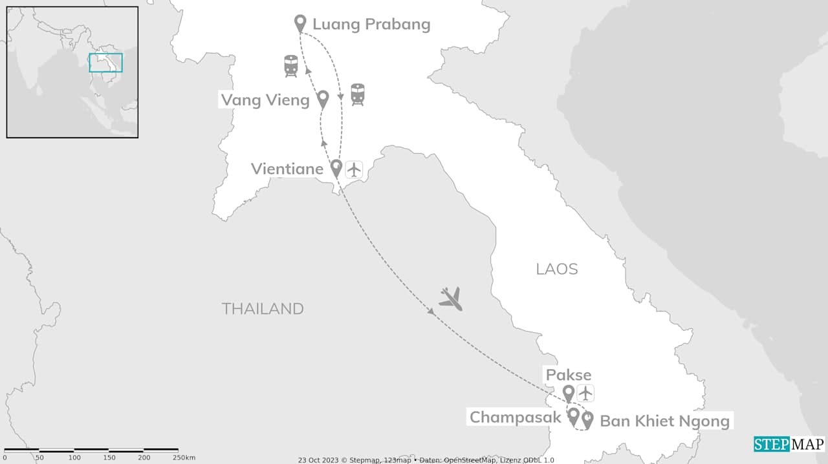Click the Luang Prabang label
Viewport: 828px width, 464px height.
(371, 25)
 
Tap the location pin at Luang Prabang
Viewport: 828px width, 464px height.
(300, 23)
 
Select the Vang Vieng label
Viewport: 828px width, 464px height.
(265, 100)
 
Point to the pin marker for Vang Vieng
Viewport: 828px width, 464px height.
(323, 99)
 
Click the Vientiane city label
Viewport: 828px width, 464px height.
(287, 169)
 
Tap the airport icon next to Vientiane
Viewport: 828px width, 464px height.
(354, 169)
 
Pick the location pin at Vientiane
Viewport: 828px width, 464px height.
(336, 168)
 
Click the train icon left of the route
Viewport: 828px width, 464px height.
(291, 66)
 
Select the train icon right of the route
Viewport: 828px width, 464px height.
(358, 94)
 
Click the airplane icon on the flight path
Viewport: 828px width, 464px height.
(451, 299)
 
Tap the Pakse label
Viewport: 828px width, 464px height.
(569, 375)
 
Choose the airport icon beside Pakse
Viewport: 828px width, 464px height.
(585, 393)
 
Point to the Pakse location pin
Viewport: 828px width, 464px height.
(569, 393)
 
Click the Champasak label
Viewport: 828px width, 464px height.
(515, 417)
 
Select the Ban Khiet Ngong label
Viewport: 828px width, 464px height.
(665, 421)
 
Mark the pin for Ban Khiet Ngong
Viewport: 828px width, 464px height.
(587, 419)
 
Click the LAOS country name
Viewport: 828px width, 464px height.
(557, 269)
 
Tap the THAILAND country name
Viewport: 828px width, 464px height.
(263, 309)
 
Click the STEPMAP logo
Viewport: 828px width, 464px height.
(789, 444)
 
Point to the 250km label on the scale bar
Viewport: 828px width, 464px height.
(185, 458)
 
